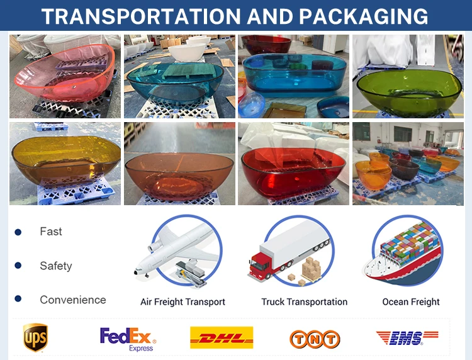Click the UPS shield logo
click(x=35, y=337)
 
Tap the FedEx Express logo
click(x=128, y=339)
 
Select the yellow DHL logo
click(x=222, y=338)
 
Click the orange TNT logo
click(x=315, y=339)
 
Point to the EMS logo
click(x=407, y=338)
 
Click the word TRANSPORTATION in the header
click(x=141, y=16)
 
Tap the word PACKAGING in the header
click(x=364, y=16)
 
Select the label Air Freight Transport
click(x=183, y=301)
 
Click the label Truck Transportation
click(x=305, y=301)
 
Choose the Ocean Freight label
click(x=411, y=301)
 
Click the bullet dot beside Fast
click(x=18, y=232)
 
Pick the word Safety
click(x=56, y=266)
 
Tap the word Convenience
click(x=73, y=300)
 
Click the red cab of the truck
click(x=259, y=266)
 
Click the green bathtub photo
click(x=408, y=76)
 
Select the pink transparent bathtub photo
click(x=65, y=76)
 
